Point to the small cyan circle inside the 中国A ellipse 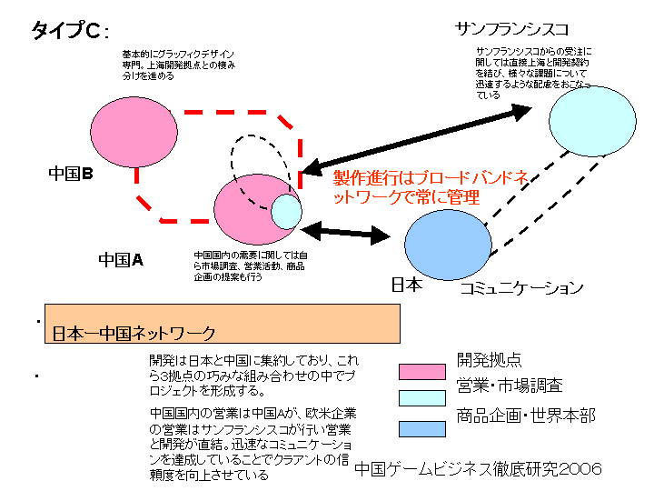286,211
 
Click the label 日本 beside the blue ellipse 406,286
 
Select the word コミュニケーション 520,289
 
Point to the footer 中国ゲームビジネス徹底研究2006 478,469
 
